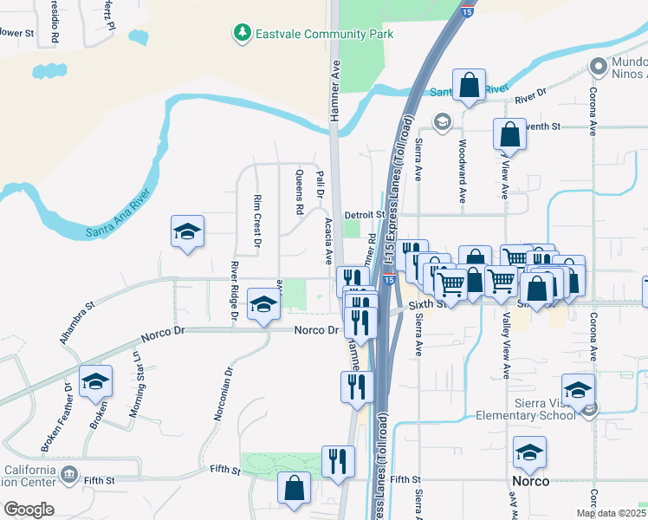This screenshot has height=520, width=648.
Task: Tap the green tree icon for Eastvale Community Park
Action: click(242, 34)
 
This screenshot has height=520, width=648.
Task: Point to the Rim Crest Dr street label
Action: click(257, 221)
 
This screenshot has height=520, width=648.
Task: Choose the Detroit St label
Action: click(363, 214)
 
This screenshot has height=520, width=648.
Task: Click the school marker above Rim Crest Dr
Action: click(187, 232)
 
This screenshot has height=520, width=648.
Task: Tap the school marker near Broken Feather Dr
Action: click(96, 381)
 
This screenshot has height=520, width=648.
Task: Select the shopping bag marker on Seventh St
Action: click(509, 135)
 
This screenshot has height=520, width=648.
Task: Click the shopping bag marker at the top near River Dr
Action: click(469, 86)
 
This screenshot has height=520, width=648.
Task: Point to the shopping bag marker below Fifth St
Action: click(294, 488)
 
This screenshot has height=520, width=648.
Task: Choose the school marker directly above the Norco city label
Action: click(529, 453)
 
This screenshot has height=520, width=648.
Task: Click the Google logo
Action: click(29, 510)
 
